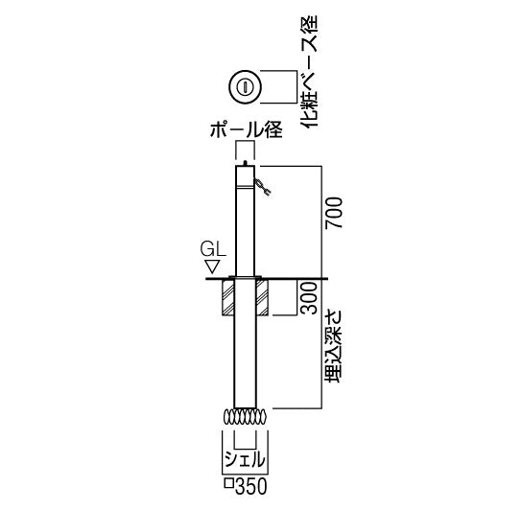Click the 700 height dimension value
click(335, 213)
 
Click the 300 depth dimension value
click(308, 298)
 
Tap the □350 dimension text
click(246, 486)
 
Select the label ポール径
click(246, 129)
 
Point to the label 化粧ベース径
click(310, 71)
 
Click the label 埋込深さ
click(334, 346)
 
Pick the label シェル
click(245, 459)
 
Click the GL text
click(213, 249)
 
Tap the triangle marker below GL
click(212, 267)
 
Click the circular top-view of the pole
click(245, 87)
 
